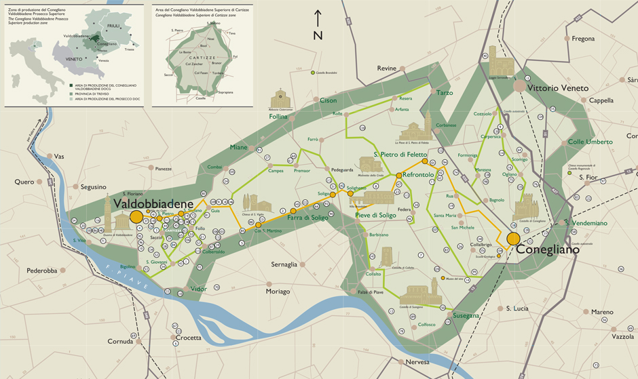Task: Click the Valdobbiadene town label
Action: click(x=154, y=203)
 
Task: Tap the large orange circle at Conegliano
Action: click(x=513, y=239)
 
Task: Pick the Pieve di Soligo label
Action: click(x=375, y=216)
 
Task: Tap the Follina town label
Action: click(x=278, y=117)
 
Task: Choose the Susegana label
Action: click(x=467, y=316)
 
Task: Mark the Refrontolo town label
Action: click(x=418, y=175)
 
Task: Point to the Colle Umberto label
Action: click(x=590, y=142)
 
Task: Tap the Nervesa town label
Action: click(x=417, y=362)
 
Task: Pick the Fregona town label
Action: click(x=584, y=39)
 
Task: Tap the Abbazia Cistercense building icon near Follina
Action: click(x=281, y=99)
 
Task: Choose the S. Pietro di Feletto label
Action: click(x=400, y=155)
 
